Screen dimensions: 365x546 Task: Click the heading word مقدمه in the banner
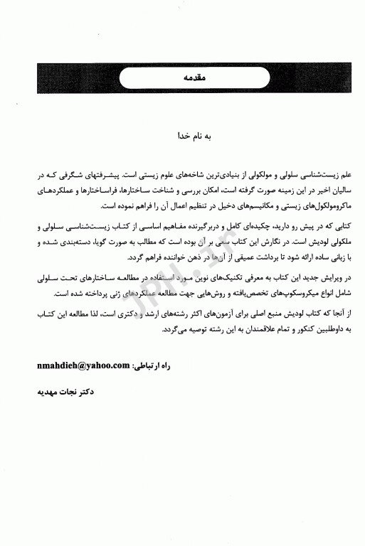coord(183,75)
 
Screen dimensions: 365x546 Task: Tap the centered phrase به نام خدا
coord(183,134)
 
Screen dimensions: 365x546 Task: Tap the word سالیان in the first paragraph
coord(315,190)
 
